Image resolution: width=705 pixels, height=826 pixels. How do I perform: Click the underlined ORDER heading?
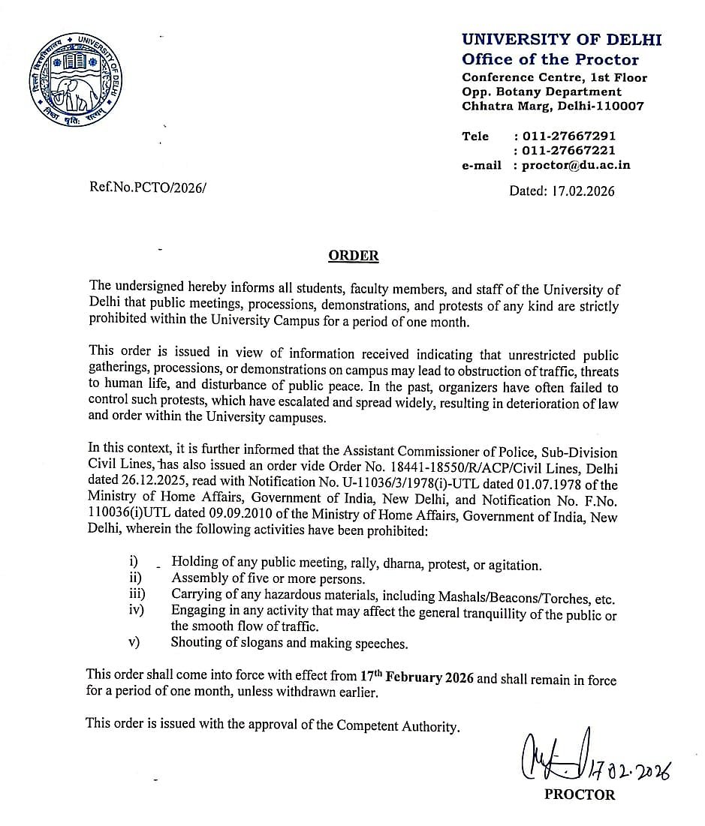click(x=354, y=256)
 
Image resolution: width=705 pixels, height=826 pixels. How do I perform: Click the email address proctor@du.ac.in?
click(x=576, y=165)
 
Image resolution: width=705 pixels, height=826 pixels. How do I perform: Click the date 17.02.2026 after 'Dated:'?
click(x=583, y=191)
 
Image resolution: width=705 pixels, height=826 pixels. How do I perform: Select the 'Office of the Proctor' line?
click(x=550, y=59)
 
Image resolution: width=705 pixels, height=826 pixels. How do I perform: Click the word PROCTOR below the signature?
click(x=580, y=794)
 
